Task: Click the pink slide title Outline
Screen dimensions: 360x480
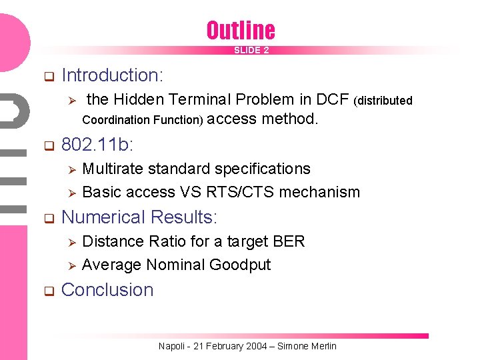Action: pos(240,30)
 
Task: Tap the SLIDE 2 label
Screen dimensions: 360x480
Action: pos(251,50)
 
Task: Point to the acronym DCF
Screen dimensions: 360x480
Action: pos(333,100)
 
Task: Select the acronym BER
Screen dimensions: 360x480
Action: pos(289,241)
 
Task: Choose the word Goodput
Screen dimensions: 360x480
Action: pos(240,265)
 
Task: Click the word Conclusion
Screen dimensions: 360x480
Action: pos(107,290)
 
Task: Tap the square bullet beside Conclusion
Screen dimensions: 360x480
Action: pos(48,291)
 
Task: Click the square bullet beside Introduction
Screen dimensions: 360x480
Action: pos(48,76)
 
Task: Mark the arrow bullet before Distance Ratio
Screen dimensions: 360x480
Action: pos(75,241)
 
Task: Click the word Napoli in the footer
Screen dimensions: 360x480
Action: pos(172,346)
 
